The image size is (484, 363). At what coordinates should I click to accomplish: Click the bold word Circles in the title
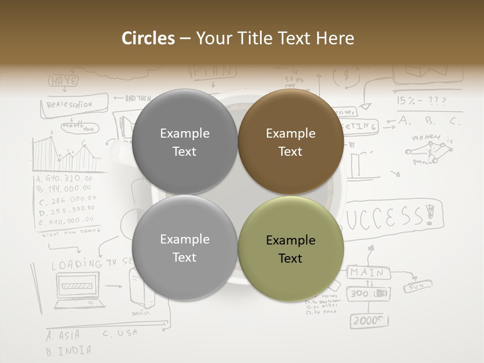tap(148, 38)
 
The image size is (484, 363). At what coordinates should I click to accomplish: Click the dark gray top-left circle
tap(185, 142)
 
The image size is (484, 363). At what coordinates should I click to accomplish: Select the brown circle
tap(290, 142)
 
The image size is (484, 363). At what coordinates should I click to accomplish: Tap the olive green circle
tap(290, 249)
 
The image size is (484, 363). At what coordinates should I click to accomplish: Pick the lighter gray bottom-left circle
tap(185, 248)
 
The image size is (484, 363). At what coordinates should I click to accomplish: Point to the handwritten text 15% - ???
tap(421, 101)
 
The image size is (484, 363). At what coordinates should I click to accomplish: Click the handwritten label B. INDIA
tap(69, 350)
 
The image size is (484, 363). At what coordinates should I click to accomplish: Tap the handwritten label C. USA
tap(120, 333)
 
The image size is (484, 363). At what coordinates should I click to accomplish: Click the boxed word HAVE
tap(63, 81)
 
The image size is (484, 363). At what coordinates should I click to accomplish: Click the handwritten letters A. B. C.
tap(429, 120)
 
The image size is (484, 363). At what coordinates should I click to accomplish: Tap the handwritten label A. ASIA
tap(63, 335)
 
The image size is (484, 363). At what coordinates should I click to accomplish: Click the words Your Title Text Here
tap(275, 38)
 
